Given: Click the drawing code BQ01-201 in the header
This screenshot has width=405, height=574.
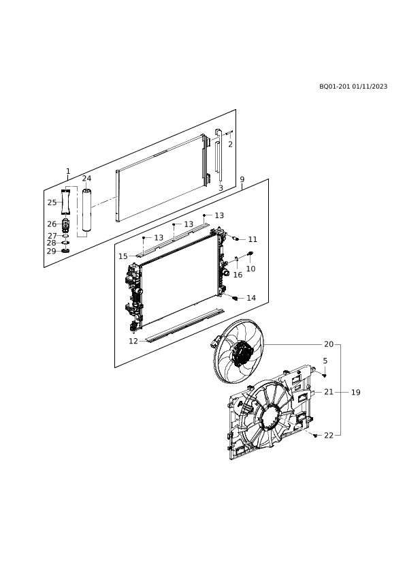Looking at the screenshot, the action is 334,87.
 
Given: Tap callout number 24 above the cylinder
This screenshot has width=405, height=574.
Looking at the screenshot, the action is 86,179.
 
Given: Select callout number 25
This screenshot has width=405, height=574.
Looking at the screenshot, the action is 52,202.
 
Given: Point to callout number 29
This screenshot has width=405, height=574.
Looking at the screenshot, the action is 52,251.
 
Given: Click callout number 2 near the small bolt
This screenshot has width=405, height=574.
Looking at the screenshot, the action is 230,145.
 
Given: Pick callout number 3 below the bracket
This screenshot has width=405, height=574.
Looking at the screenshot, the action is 221,187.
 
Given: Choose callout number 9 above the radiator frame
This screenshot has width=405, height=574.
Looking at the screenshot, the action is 242,179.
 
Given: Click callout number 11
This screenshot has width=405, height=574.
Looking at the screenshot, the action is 253,239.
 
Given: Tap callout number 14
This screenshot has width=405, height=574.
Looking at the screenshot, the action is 251,298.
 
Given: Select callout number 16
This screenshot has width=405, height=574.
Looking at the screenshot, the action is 238,275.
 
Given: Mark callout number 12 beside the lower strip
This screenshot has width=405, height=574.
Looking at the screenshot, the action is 133,341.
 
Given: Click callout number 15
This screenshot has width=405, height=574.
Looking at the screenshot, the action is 123,256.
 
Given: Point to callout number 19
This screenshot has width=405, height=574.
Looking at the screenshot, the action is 356,393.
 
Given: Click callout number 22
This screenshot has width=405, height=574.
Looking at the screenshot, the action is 329,435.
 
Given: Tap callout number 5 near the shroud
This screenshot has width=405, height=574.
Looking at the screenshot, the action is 325,361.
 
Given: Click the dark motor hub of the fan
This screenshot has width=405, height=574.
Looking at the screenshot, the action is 241,353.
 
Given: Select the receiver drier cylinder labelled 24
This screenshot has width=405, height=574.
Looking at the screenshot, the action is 86,210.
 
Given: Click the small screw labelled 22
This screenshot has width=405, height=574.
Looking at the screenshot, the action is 315,435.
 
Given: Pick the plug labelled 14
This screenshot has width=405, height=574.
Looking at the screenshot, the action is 235,299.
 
